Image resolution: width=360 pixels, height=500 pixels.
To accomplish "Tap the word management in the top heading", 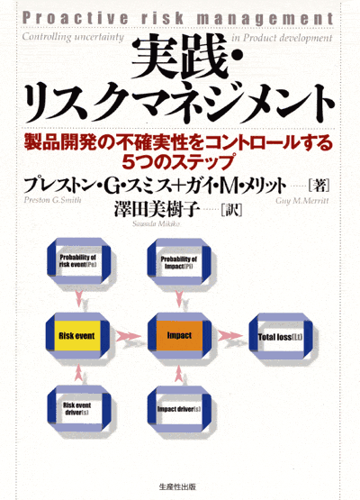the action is click(265, 20).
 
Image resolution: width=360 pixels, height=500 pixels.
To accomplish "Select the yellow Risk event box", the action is click(77, 336).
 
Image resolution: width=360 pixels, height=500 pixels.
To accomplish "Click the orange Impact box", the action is click(179, 335).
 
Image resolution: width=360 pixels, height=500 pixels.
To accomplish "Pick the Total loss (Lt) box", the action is click(281, 337).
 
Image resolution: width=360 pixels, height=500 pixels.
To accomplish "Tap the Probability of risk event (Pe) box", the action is click(78, 261).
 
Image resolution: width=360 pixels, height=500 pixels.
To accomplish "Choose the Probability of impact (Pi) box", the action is click(179, 262).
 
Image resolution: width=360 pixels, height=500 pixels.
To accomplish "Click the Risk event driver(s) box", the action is click(78, 409).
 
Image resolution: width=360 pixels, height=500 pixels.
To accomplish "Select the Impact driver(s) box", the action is click(179, 409).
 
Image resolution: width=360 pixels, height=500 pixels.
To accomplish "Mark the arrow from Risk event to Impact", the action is click(129, 336).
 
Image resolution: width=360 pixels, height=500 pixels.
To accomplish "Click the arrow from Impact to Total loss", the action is click(230, 335).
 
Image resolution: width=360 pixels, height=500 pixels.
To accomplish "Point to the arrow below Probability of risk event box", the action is click(78, 298).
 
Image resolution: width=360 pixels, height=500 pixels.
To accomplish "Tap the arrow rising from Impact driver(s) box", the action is click(179, 373).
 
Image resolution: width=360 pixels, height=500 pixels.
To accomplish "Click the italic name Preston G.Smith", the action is click(52, 200).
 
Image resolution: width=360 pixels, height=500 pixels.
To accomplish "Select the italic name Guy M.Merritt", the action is click(302, 201).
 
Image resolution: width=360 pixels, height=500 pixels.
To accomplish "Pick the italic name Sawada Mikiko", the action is click(156, 223).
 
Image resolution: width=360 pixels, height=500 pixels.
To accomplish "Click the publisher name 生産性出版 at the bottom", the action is click(177, 487).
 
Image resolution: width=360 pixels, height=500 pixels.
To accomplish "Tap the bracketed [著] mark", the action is click(319, 186).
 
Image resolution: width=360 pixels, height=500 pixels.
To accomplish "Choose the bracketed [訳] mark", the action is click(231, 210).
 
